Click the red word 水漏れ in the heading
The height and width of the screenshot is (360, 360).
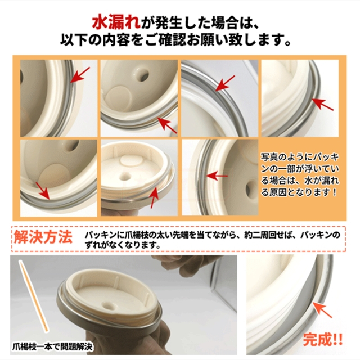click(x=116, y=24)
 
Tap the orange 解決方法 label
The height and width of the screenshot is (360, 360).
click(x=43, y=237)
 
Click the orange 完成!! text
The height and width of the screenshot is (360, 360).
click(x=322, y=340)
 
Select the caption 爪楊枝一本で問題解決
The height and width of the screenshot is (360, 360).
click(x=52, y=346)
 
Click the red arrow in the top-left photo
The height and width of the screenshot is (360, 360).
click(x=80, y=75)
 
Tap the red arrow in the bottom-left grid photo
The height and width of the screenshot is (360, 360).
click(x=43, y=191)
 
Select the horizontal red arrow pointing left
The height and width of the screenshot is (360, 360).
click(x=217, y=176)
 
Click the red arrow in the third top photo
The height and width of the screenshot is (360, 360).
click(x=225, y=83)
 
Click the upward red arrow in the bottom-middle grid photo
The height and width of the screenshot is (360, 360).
click(x=154, y=197)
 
